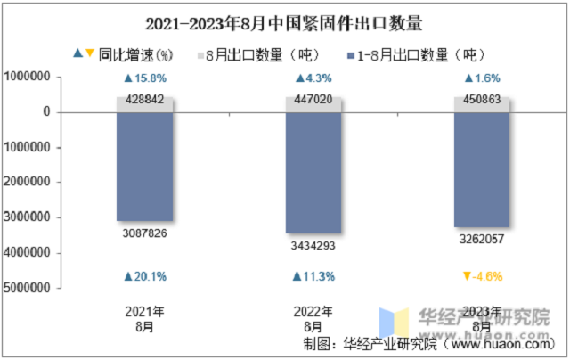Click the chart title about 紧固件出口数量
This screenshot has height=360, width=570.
(x=284, y=24)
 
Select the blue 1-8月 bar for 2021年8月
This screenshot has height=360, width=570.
(x=144, y=167)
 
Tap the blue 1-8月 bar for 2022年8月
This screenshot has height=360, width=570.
(x=313, y=173)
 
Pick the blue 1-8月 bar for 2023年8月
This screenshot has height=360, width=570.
(x=482, y=170)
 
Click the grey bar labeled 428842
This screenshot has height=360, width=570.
(x=144, y=105)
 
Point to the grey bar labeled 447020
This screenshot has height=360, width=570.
(x=313, y=104)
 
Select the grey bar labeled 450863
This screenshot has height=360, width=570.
(x=482, y=104)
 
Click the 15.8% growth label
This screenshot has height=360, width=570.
(x=145, y=78)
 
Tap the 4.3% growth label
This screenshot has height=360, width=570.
(x=313, y=78)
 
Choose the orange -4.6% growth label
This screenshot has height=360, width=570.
(x=483, y=277)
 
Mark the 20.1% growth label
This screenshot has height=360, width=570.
(x=145, y=277)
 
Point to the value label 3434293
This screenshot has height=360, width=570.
(x=313, y=246)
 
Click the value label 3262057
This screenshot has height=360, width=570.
(x=482, y=240)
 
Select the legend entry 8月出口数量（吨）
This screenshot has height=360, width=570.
(x=259, y=55)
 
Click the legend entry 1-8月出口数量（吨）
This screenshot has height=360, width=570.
(x=417, y=55)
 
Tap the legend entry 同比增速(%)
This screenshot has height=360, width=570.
(x=123, y=55)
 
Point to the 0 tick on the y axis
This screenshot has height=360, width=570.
(x=47, y=111)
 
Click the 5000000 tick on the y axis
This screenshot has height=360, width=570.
(x=27, y=288)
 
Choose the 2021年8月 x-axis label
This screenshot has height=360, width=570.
(x=144, y=319)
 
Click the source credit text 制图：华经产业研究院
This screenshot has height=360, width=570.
(x=370, y=344)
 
